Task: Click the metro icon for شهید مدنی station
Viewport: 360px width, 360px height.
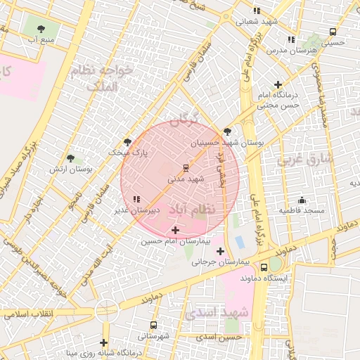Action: pos(186,168)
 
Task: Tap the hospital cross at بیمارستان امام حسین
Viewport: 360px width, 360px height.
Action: pos(175,230)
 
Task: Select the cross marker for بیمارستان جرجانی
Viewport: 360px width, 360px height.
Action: pos(220,251)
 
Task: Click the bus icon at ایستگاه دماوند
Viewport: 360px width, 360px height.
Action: pos(264,267)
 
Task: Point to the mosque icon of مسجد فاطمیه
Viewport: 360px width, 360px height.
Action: pos(302,200)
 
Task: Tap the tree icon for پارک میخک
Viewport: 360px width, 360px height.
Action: pos(127,141)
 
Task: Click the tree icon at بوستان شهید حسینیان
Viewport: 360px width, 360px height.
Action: pos(226,131)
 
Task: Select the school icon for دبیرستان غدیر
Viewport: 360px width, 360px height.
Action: pos(136,200)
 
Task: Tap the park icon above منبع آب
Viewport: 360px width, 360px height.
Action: pos(40,29)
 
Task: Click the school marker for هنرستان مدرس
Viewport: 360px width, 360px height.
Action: pos(291,39)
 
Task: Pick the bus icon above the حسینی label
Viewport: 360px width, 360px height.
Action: pos(333,31)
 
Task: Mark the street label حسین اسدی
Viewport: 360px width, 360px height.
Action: pos(219,337)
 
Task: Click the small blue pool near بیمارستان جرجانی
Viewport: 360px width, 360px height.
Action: pos(240,243)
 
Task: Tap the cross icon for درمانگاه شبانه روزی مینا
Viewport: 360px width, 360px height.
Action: pos(104,342)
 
